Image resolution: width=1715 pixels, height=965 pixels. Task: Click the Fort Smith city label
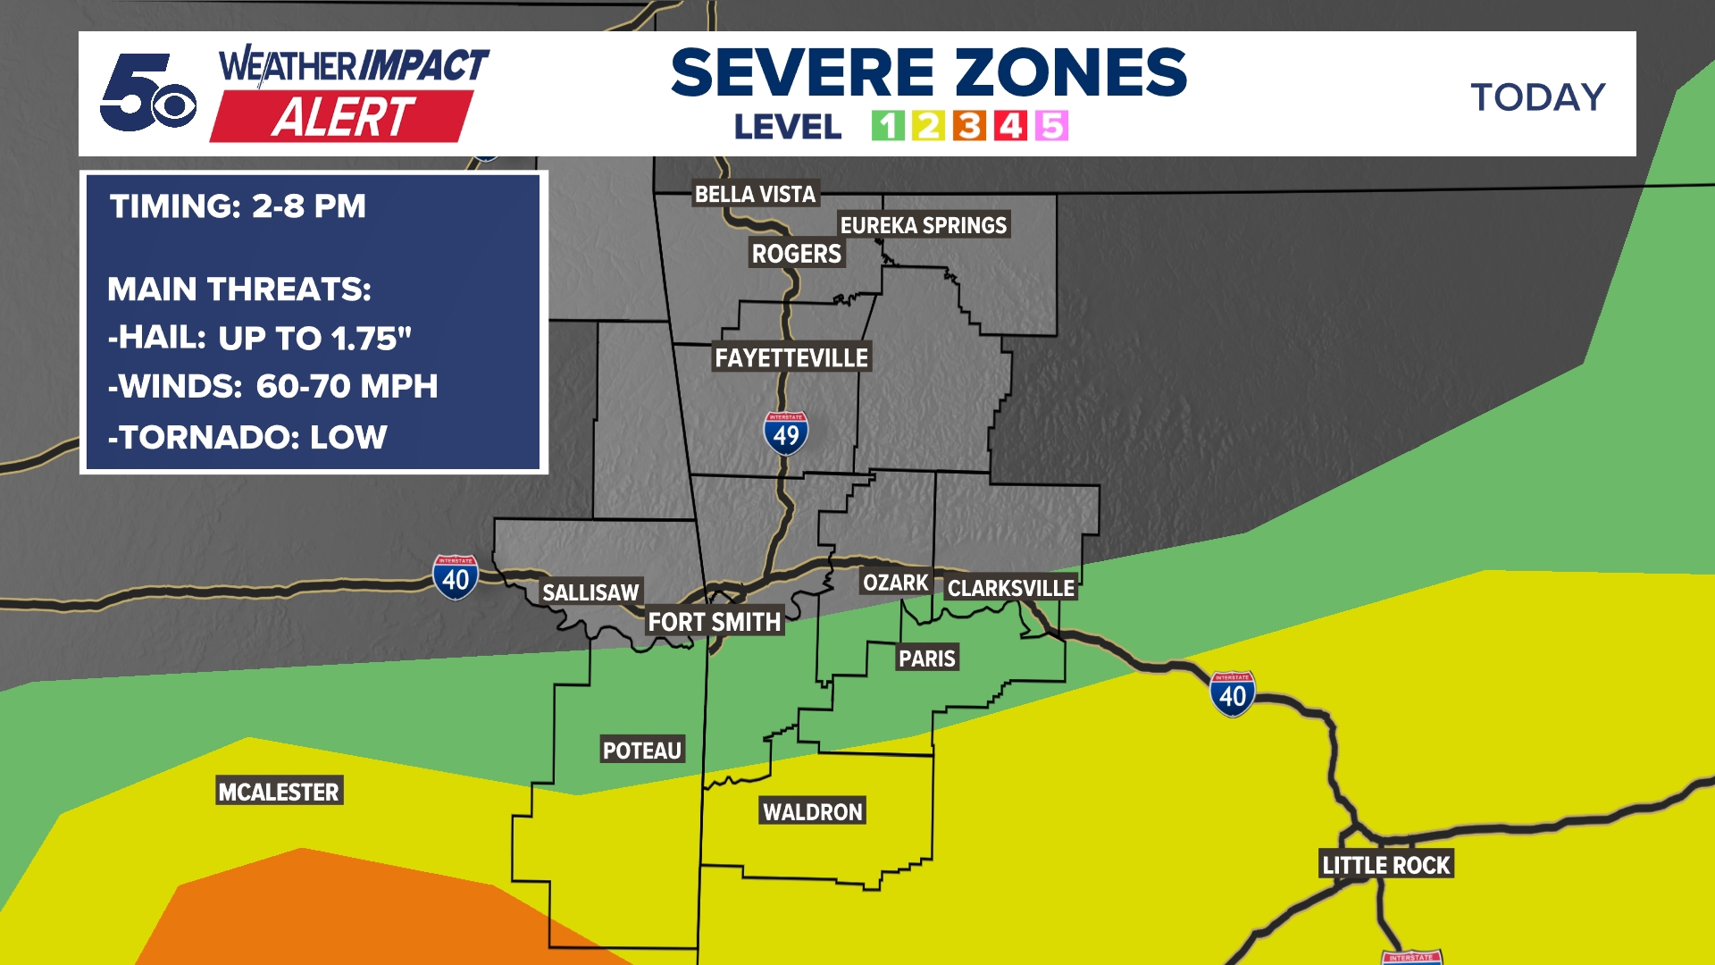click(x=714, y=622)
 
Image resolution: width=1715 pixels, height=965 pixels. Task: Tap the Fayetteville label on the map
click(x=791, y=357)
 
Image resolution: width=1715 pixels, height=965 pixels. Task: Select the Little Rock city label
click(x=1386, y=865)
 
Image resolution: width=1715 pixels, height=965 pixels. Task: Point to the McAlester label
click(x=279, y=792)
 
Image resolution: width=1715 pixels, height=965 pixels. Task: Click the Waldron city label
click(x=812, y=811)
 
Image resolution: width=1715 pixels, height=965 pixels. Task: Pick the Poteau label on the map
click(x=641, y=751)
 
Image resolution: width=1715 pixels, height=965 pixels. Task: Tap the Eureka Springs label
click(x=923, y=225)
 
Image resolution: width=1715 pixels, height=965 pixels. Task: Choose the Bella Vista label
click(x=755, y=194)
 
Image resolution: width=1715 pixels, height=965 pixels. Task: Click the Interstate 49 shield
click(x=786, y=434)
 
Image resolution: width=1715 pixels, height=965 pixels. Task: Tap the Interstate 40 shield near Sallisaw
click(x=456, y=578)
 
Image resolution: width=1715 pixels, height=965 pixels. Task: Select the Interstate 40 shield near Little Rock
click(x=1233, y=694)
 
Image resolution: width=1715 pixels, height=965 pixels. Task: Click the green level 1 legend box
click(x=888, y=126)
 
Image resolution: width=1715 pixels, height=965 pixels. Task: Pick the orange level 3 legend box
click(x=969, y=126)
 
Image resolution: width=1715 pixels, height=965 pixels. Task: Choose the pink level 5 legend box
click(x=1051, y=126)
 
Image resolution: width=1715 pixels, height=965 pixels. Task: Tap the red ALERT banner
click(x=342, y=117)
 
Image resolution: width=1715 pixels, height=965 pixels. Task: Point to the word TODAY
click(x=1538, y=97)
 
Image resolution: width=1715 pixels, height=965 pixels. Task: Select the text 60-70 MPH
click(x=347, y=386)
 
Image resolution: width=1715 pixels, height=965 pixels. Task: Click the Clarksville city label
click(x=1010, y=588)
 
